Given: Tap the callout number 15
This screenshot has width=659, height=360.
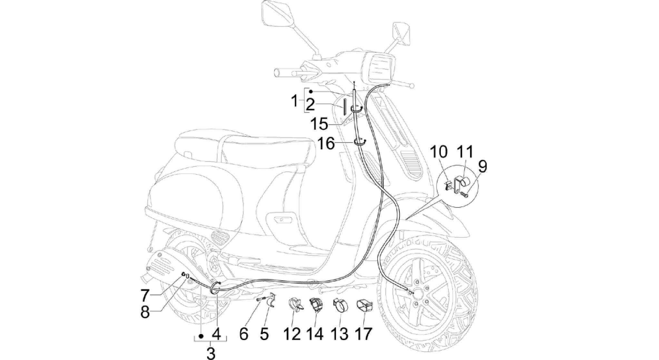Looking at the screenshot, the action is point(319,124).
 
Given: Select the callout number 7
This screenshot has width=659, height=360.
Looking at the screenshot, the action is point(145,295).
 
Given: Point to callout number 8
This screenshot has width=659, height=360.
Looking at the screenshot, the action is point(145,312).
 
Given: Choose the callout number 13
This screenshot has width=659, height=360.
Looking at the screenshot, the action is point(340,334).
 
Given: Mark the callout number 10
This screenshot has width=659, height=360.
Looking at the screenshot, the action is point(438,152).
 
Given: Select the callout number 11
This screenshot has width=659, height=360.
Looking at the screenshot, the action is point(465,151).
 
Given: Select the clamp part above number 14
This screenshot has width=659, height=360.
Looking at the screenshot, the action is point(316,305).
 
